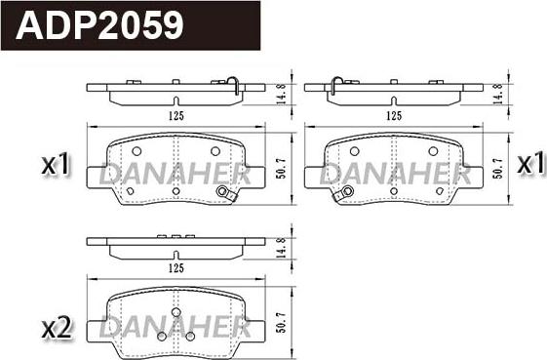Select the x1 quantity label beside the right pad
(528, 164)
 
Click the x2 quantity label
(58, 329)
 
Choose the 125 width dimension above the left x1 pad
(176, 115)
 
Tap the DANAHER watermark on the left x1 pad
(176, 175)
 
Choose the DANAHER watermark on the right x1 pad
(395, 175)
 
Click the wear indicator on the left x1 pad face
(228, 194)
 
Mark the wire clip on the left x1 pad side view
(234, 86)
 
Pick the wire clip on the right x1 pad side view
(334, 86)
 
